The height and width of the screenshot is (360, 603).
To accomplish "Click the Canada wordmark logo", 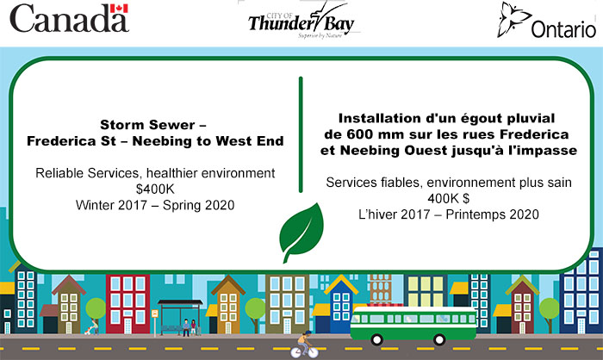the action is coord(69,18).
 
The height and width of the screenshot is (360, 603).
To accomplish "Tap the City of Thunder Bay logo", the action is coord(301,22).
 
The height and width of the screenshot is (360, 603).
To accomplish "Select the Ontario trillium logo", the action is coord(546,21).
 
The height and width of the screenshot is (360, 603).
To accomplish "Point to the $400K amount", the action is coord(155,189).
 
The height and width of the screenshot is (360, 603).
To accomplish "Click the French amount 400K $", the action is coord(449,198).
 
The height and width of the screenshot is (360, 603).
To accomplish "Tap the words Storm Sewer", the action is coord(147,125).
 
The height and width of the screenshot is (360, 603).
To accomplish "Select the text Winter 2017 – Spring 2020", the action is coord(155,205).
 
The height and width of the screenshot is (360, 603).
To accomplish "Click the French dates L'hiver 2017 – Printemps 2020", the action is coord(449,214).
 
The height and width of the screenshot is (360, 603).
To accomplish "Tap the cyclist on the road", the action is coord(304,344).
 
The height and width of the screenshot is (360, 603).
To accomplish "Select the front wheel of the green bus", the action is coord(376,339).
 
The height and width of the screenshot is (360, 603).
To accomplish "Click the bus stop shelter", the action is coord(180,317).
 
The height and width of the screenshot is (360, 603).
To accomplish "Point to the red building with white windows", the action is coord(127,304).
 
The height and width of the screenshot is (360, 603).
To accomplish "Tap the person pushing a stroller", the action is coord(92,327).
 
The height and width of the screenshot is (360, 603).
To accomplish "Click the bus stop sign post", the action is coord(155,323).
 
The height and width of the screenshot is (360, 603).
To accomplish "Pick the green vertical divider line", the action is coord(301,134).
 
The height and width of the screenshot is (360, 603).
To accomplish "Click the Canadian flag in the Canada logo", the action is coord(119,9).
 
